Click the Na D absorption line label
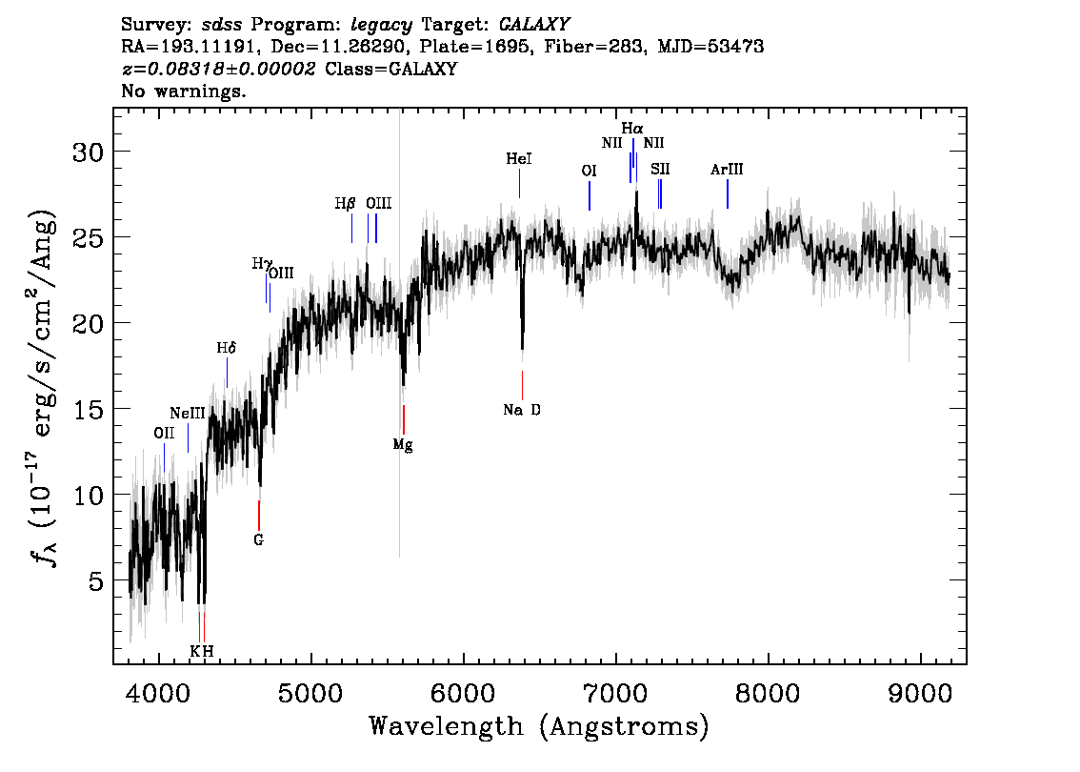[521, 410]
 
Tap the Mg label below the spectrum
[403, 445]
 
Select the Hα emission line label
[632, 129]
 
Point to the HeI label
[519, 159]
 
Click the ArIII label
[727, 170]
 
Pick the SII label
[660, 170]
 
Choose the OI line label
[589, 171]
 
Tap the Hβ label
[345, 204]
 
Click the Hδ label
[226, 348]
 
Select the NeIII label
[188, 414]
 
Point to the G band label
[258, 540]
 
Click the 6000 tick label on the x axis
[463, 694]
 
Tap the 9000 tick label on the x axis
[919, 694]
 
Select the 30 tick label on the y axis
[89, 152]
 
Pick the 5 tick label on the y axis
[96, 581]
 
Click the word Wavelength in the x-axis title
[446, 726]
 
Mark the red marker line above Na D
[522, 385]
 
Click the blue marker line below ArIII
[728, 193]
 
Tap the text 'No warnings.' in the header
[183, 91]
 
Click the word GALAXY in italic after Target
[533, 25]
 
